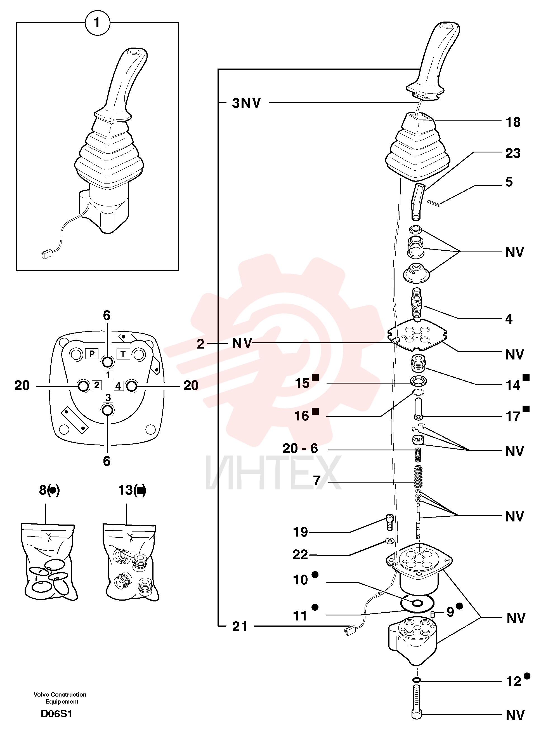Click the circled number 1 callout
pos(97,23)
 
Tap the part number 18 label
pos(513,123)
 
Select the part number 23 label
pos(513,153)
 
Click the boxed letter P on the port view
pos(92,354)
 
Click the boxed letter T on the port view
pos(123,354)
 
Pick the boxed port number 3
pos(108,397)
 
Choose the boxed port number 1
pos(108,375)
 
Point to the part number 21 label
pos(240,627)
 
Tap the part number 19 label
pos(300,532)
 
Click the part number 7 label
pos(317,481)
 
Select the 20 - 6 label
pos(300,449)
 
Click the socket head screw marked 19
pos(390,522)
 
